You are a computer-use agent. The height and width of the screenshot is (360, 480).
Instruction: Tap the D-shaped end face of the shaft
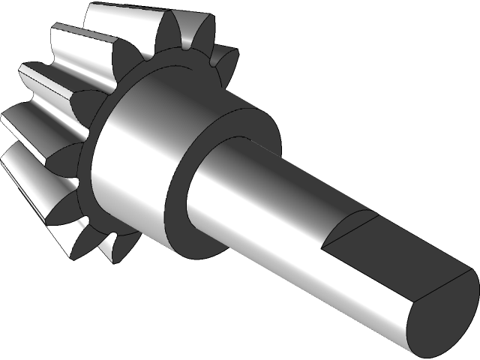442,315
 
